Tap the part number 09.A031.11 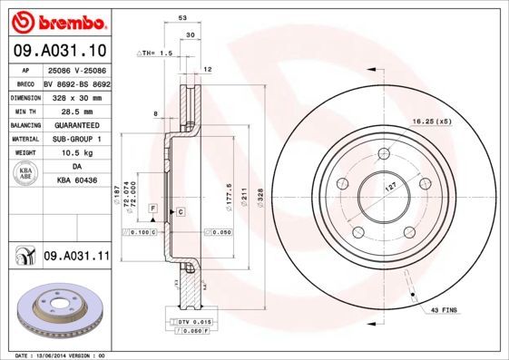point(76,257)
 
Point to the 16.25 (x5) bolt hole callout point(432,121)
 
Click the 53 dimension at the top point(182,17)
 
